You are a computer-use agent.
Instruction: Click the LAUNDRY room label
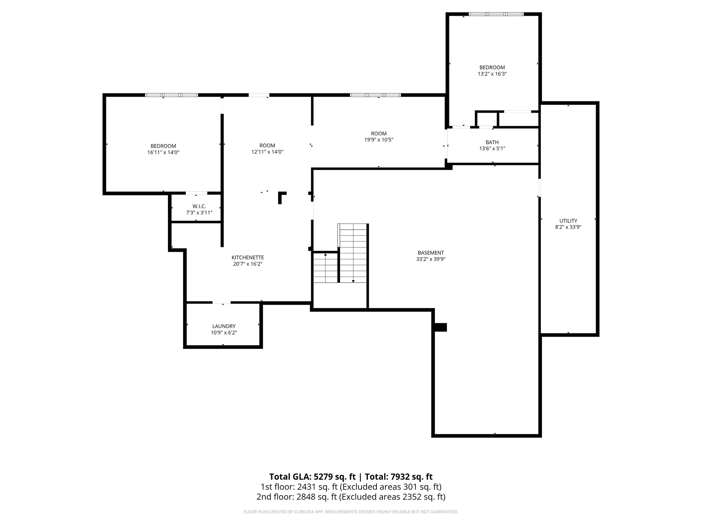[x=224, y=326]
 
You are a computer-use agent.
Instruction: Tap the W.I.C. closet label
[x=199, y=206]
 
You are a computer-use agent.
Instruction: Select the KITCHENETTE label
[x=248, y=258]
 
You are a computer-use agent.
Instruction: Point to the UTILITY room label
[x=568, y=221]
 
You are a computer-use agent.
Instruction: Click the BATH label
[x=492, y=142]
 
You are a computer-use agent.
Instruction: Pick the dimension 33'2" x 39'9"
[x=431, y=259]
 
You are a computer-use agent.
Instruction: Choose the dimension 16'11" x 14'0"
[x=164, y=152]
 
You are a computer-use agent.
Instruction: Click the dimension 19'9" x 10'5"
[x=379, y=140]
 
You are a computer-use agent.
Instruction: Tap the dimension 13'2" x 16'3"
[x=492, y=74]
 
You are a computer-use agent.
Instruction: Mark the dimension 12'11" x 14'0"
[x=267, y=152]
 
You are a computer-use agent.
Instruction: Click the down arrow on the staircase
[x=353, y=280]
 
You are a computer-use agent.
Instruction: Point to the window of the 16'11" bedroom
[x=171, y=95]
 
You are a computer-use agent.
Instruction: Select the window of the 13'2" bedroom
[x=496, y=14]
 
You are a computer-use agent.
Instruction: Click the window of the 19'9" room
[x=375, y=95]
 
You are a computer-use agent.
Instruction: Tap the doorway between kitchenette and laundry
[x=222, y=303]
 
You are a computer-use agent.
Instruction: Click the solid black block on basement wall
[x=440, y=327]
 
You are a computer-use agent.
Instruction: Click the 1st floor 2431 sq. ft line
[x=351, y=487]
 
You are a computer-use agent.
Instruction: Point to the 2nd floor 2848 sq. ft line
[x=351, y=497]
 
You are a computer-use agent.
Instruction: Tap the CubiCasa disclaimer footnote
[x=351, y=512]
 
